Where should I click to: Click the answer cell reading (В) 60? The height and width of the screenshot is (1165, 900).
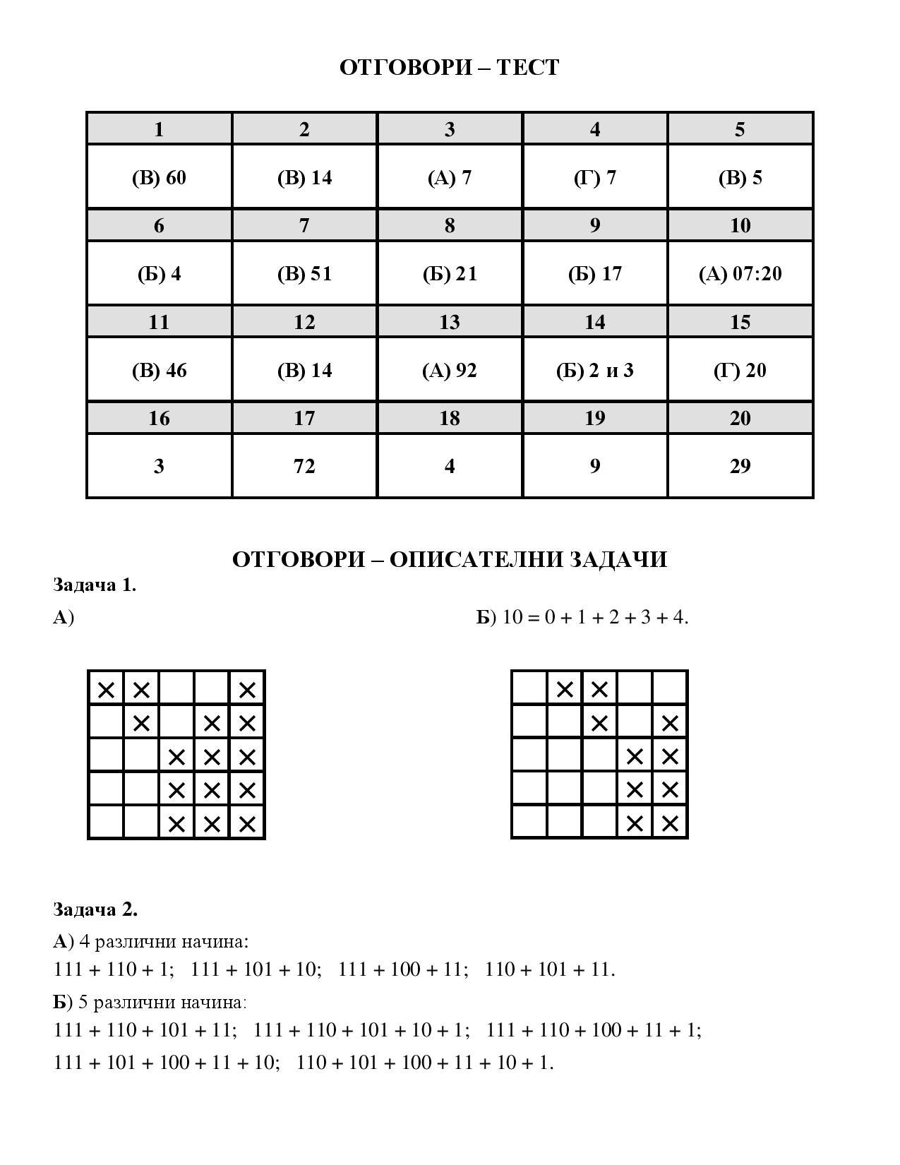point(159,178)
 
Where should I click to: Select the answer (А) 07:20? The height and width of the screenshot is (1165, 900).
point(740,274)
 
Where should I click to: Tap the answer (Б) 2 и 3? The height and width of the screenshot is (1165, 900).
point(594,371)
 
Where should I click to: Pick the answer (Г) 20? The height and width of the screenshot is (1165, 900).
point(740,371)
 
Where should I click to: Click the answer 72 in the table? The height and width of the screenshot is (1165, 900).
point(304,466)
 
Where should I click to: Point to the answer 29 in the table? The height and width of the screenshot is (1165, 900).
point(740,466)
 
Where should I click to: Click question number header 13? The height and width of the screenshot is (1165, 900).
point(450,322)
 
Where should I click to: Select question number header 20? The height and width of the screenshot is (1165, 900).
point(740,418)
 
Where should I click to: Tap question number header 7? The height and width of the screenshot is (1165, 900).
point(304,225)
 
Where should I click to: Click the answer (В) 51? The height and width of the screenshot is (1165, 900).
point(304,274)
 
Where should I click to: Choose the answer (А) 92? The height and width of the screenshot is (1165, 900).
point(450,371)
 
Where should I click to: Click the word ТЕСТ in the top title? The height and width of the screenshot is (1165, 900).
point(528,67)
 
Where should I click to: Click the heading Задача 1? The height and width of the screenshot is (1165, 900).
point(95,585)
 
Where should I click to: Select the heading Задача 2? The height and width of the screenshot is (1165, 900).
point(95,909)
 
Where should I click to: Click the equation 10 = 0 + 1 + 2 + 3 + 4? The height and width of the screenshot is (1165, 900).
point(594,617)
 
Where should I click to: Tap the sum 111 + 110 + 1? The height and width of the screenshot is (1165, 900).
point(113,969)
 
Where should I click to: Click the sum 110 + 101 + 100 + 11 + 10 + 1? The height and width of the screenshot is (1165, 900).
point(425,1063)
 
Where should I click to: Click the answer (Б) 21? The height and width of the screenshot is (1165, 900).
point(450,274)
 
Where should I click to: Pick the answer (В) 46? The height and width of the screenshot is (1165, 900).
point(159,371)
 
